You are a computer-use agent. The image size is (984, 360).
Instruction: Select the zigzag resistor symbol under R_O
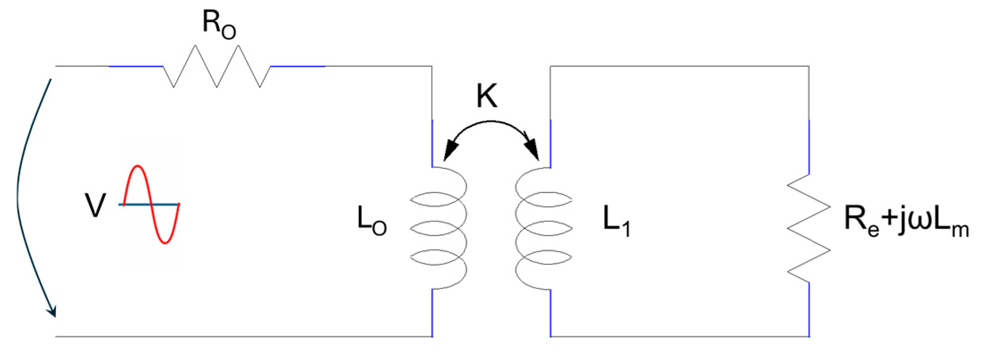point(217,66)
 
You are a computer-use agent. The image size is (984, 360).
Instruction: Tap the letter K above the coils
point(486,96)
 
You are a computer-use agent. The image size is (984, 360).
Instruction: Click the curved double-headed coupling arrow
point(491,122)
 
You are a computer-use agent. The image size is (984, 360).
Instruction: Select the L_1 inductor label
point(616,221)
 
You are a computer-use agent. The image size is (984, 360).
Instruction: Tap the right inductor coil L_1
point(543,228)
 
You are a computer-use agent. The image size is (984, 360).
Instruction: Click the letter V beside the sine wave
point(95,206)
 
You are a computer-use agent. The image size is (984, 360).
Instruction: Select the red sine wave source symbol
point(151,205)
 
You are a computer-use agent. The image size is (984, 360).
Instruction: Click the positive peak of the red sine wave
point(138,167)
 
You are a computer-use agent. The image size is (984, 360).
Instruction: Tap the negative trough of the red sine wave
point(165,243)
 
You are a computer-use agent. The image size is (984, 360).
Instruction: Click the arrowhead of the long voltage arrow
point(53,311)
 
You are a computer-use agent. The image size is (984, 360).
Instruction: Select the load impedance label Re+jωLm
point(906,221)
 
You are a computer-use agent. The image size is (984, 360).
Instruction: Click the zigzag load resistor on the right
point(809,228)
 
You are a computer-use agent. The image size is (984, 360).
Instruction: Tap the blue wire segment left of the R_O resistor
point(135,66)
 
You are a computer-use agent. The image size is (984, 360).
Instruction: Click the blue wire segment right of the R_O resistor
point(298,66)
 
